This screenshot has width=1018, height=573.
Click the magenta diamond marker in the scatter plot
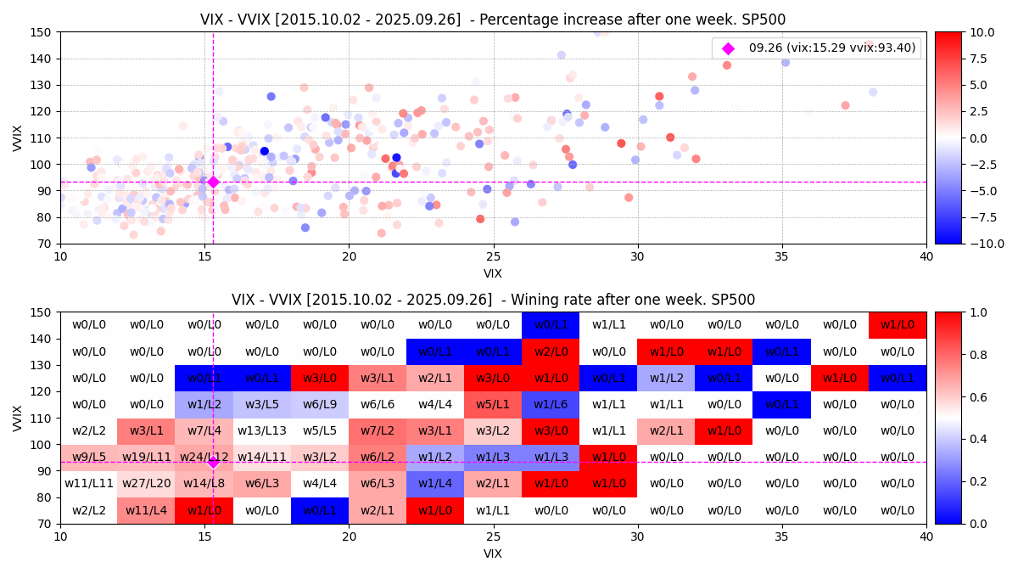(x=213, y=182)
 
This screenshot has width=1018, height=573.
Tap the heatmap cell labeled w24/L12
(x=204, y=458)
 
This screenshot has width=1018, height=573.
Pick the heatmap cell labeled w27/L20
(x=147, y=484)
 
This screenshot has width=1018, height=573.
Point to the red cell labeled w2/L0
(x=551, y=351)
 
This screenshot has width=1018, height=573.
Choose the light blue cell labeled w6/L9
(x=320, y=405)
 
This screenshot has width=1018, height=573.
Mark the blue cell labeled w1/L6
(x=551, y=405)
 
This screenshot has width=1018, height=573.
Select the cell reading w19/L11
(x=147, y=458)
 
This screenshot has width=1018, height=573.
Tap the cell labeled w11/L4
(x=147, y=510)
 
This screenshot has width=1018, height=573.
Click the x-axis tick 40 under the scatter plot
(x=926, y=256)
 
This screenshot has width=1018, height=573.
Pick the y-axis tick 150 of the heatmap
(x=43, y=312)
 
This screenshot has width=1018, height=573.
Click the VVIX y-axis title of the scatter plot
(x=18, y=138)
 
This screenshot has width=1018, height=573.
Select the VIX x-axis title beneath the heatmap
(x=493, y=553)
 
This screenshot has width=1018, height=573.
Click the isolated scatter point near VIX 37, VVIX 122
(x=845, y=105)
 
